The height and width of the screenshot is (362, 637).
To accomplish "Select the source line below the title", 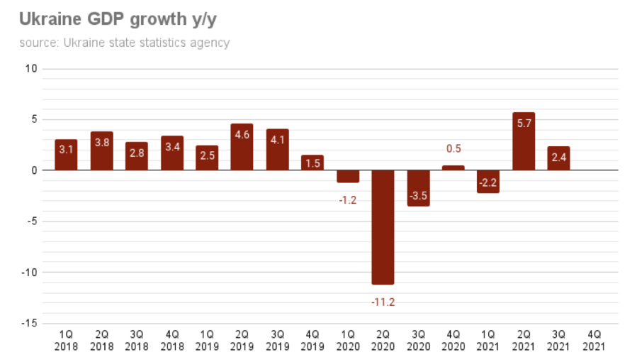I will click(x=124, y=43).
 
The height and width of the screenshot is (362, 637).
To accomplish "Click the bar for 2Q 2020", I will click(x=383, y=227).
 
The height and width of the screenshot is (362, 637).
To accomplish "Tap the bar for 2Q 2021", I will click(x=524, y=141).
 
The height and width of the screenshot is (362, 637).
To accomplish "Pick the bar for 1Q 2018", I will click(x=66, y=155).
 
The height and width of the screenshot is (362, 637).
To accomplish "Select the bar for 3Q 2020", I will click(x=418, y=188).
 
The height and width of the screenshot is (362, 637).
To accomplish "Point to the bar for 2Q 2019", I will click(x=242, y=147).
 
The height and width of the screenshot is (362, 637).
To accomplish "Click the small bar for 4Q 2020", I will click(x=453, y=168).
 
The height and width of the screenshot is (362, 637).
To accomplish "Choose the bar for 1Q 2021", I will click(x=488, y=181).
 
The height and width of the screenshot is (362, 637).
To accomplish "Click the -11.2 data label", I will click(x=383, y=302).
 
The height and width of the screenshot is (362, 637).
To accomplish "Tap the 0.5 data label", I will click(x=453, y=149).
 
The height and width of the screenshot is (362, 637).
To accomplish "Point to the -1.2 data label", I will click(x=347, y=200).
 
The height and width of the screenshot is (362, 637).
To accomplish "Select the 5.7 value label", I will click(x=524, y=123).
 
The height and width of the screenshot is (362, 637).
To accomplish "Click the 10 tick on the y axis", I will click(x=31, y=69).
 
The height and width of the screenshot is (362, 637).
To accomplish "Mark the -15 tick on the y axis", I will click(x=30, y=324).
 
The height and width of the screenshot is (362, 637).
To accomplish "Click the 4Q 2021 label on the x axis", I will click(x=594, y=340).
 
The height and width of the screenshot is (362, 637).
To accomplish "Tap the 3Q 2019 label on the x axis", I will click(x=277, y=340).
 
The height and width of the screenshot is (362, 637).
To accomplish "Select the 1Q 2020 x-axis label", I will click(x=347, y=340).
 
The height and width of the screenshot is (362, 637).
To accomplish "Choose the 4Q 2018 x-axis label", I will click(x=171, y=340).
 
